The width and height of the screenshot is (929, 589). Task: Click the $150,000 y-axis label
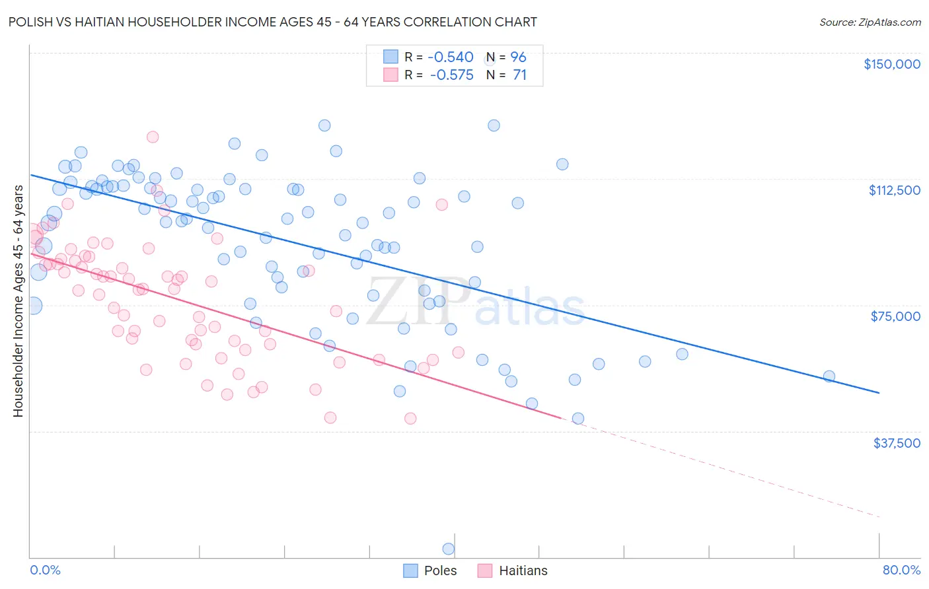coord(892,64)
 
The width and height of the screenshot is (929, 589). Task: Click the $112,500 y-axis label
coord(894,190)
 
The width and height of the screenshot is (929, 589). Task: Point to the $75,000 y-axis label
coord(895,316)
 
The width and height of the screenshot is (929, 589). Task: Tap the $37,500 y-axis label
coord(897,442)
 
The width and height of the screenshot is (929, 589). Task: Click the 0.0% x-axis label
coord(45,570)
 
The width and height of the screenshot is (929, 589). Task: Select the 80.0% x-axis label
coord(901,570)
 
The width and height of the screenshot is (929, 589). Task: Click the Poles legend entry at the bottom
coord(440,571)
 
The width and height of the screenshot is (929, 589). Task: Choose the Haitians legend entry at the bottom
coord(523,571)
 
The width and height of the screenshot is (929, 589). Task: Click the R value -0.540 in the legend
coord(451,57)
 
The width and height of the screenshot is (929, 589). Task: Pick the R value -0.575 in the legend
coord(451,75)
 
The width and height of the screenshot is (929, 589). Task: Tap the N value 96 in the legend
coord(518,57)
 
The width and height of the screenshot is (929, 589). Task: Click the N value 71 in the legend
coord(519,75)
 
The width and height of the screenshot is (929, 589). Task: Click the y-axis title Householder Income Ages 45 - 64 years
coord(19,301)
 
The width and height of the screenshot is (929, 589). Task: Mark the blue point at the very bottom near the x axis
coord(448,549)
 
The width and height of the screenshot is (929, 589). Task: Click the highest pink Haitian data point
coord(153,137)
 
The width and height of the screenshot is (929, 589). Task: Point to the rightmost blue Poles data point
coord(829,376)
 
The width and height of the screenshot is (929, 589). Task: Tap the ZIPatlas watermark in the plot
coord(476,302)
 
